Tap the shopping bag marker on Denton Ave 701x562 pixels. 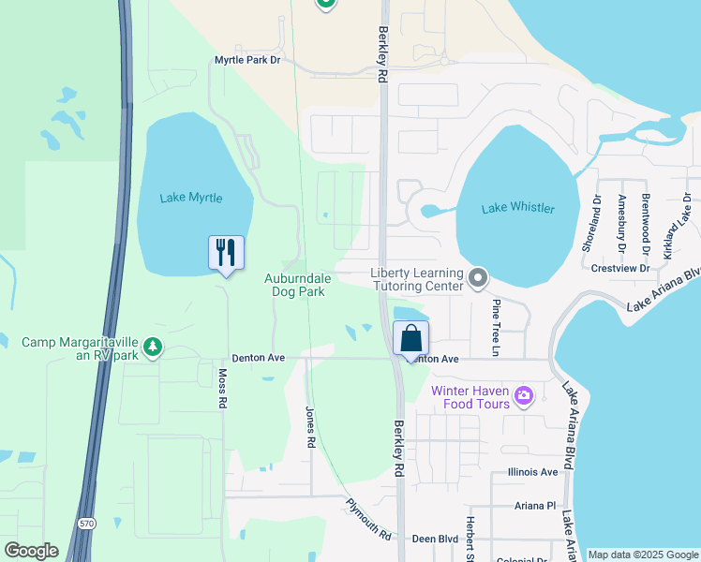[411, 338]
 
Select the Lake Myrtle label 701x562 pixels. [191, 198]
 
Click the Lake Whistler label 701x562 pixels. [518, 208]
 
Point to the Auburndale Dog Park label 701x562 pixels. [294, 286]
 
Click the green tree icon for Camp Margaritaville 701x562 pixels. [153, 348]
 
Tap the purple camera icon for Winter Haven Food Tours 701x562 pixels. [524, 397]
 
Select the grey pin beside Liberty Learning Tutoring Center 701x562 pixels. [478, 277]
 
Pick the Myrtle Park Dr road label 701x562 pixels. [247, 60]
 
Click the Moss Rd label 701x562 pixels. [223, 388]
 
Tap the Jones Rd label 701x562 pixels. [309, 427]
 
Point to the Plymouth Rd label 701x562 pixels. [367, 519]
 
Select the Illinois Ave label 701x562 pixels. [532, 473]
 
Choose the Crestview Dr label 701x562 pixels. [620, 268]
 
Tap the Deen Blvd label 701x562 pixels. [435, 540]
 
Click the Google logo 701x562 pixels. [31, 551]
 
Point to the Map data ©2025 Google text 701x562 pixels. [643, 555]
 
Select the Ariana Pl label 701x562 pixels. [535, 505]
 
